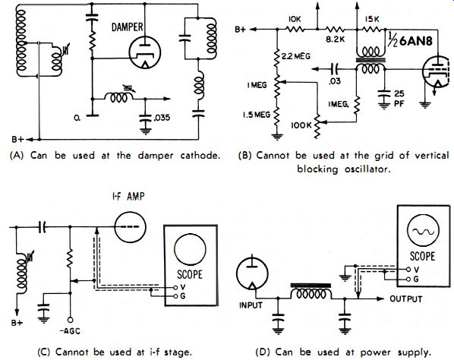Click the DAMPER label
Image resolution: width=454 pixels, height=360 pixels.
pos(127,27)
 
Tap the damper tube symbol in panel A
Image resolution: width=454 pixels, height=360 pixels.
pos(145,52)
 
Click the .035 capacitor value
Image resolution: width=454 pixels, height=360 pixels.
pos(162,118)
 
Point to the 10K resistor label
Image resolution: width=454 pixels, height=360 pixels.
pos(295,19)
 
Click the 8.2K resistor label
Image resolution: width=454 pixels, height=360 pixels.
pos(336,39)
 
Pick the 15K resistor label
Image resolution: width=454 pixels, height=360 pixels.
pos(372,19)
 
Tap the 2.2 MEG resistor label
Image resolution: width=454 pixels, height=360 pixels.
pos(295,56)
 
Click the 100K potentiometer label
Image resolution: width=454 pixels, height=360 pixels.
pos(301,125)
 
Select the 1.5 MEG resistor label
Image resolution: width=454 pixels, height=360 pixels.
pos(257,115)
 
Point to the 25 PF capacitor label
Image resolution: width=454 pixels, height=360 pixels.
pos(399,99)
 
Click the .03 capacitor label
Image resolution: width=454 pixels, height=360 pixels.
pos(334,81)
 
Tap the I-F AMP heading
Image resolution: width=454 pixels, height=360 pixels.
pos(128,197)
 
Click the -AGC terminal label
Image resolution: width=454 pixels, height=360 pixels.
pos(71,331)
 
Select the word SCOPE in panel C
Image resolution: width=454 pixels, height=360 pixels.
pos(190,274)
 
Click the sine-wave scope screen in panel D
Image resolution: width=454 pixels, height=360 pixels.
pos(423,231)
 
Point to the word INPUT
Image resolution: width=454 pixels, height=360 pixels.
pos(251,305)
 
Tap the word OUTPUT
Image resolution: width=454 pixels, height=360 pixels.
pos(406,299)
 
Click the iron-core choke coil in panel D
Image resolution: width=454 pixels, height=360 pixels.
pos(311,292)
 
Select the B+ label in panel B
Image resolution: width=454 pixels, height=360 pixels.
pos(241,30)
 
